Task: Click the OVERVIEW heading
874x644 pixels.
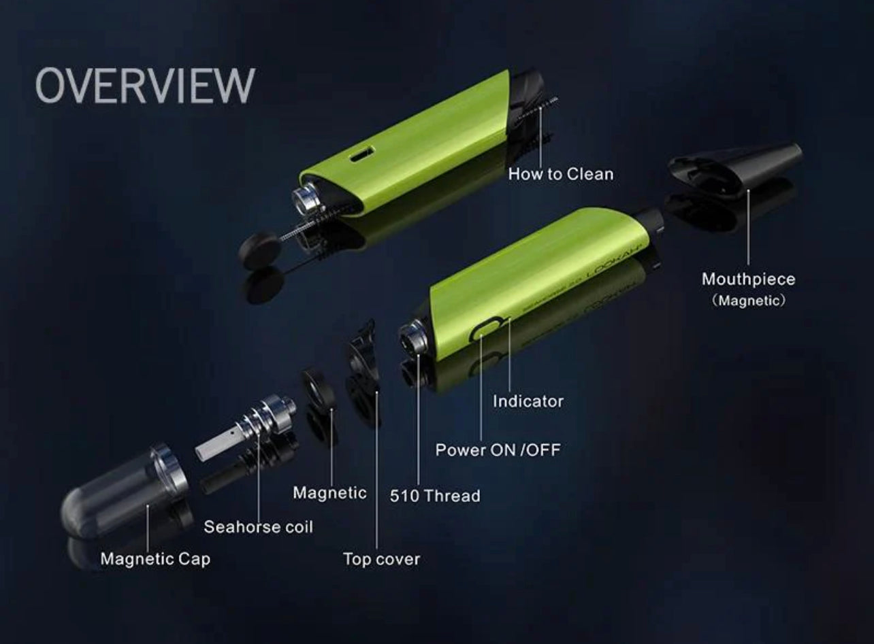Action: pos(145,86)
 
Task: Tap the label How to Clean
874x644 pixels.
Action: pos(561,174)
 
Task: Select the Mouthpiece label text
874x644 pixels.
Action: pos(748,279)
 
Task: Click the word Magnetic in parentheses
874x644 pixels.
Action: pos(748,301)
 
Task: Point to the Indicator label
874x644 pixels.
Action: pos(528,401)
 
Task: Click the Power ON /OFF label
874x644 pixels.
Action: pos(498,450)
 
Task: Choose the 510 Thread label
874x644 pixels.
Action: pos(435,496)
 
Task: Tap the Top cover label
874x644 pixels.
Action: pos(382,559)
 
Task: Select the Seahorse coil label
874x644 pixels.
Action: pos(258,527)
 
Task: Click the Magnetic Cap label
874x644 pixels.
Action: pos(155,559)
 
